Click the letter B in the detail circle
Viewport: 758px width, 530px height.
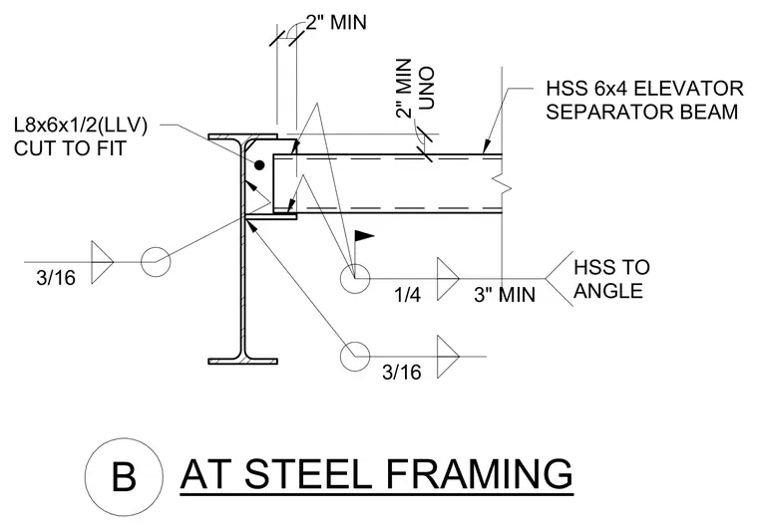click(124, 477)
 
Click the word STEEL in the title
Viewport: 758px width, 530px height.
click(308, 473)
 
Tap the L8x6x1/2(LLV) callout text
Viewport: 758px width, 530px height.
click(81, 126)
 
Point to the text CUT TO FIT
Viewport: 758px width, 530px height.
click(70, 148)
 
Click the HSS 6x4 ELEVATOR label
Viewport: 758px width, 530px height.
click(645, 89)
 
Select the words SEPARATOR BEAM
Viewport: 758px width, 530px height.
click(642, 112)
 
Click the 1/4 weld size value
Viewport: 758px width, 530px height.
click(407, 295)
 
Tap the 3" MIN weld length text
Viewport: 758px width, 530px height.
click(505, 295)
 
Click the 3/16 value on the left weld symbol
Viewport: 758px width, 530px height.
click(56, 278)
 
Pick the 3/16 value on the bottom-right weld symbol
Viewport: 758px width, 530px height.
click(402, 373)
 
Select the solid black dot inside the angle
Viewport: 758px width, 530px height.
click(259, 165)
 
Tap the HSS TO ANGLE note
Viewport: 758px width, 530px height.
click(611, 279)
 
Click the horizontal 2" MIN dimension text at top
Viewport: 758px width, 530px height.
click(336, 22)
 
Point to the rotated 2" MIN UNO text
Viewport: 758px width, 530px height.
click(415, 89)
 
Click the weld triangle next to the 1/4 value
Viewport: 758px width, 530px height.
click(448, 279)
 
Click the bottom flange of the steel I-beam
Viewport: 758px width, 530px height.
click(242, 361)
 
